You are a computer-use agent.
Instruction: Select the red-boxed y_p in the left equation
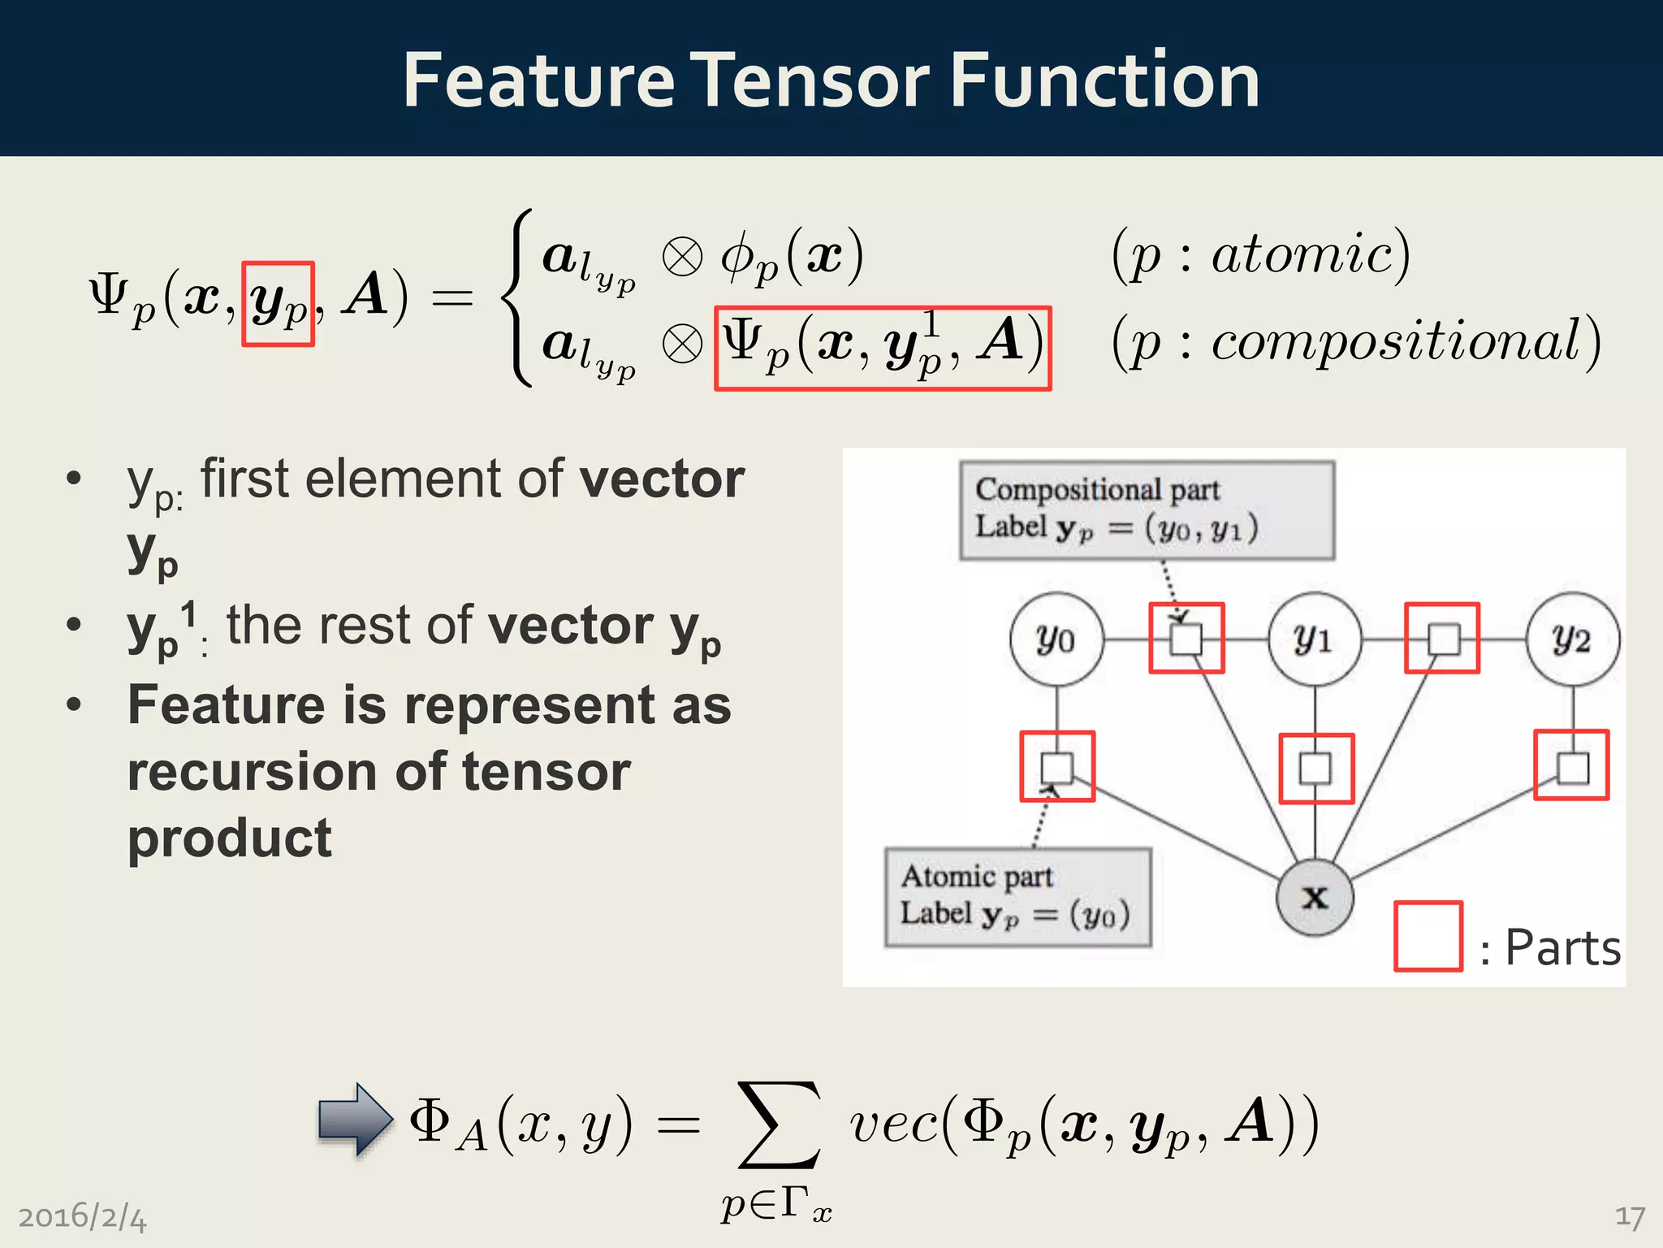click(x=278, y=303)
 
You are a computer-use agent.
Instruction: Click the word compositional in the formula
click(x=1397, y=340)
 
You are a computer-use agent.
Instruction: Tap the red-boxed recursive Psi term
click(x=883, y=348)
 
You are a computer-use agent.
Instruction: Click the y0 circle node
click(x=1056, y=639)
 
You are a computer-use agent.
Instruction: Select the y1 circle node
click(x=1314, y=639)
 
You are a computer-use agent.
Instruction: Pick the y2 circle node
click(x=1572, y=639)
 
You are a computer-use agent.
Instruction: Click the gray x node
click(x=1314, y=897)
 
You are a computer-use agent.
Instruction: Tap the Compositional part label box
click(x=1146, y=510)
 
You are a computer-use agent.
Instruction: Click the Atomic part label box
click(x=1017, y=897)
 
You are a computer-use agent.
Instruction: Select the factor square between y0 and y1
click(x=1186, y=639)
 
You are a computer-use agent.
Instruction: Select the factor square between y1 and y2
click(x=1442, y=639)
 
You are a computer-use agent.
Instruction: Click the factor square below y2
click(x=1571, y=766)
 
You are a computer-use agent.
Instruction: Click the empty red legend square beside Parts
click(x=1428, y=936)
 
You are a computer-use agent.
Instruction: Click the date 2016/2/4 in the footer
click(x=82, y=1217)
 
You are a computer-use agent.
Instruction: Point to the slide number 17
click(x=1629, y=1216)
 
